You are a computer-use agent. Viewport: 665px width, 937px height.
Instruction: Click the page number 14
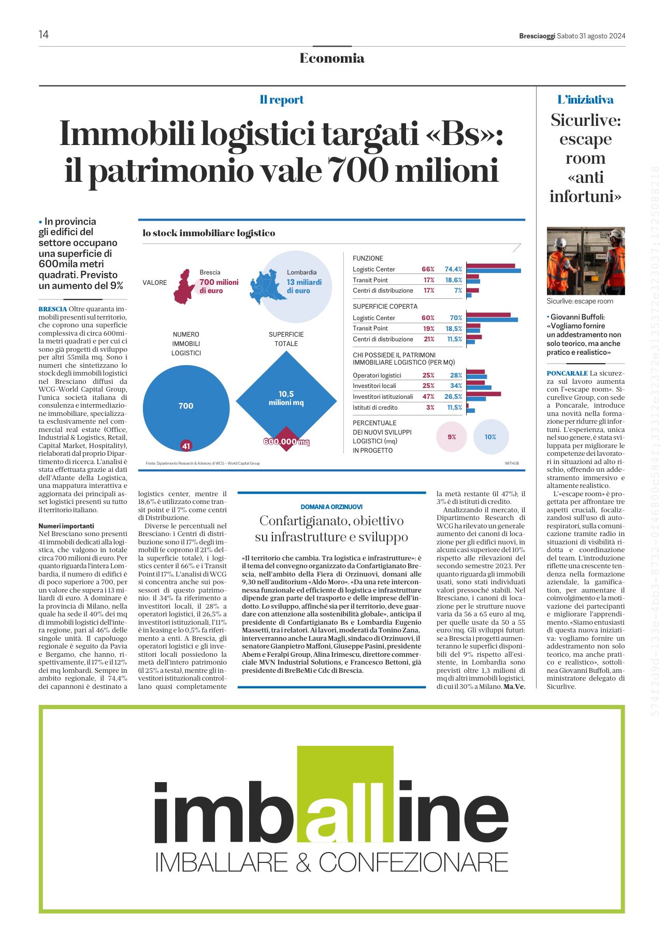click(44, 34)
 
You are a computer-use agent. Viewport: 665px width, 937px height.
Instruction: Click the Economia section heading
click(332, 58)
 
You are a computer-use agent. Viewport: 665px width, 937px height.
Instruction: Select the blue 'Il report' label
click(282, 100)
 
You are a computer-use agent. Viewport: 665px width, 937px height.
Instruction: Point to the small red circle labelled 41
click(186, 445)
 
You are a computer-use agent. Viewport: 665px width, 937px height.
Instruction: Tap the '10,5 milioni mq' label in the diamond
click(286, 398)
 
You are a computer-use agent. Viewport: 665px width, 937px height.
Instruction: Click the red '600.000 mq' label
click(286, 442)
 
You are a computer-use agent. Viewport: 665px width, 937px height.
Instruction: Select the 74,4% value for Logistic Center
click(453, 269)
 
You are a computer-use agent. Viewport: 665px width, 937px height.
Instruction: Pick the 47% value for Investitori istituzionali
click(428, 397)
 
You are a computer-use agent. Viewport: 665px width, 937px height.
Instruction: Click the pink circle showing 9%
click(452, 437)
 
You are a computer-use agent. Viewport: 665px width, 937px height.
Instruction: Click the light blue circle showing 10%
click(490, 437)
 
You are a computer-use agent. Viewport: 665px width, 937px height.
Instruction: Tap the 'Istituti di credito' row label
click(375, 408)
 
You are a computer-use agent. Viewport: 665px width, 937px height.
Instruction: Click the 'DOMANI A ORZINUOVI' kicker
click(331, 507)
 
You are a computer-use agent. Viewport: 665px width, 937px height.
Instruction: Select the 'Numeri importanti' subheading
click(66, 526)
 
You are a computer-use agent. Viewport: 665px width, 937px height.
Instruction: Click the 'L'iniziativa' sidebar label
click(585, 100)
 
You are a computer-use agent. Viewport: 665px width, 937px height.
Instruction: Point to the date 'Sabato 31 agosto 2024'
click(591, 36)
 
